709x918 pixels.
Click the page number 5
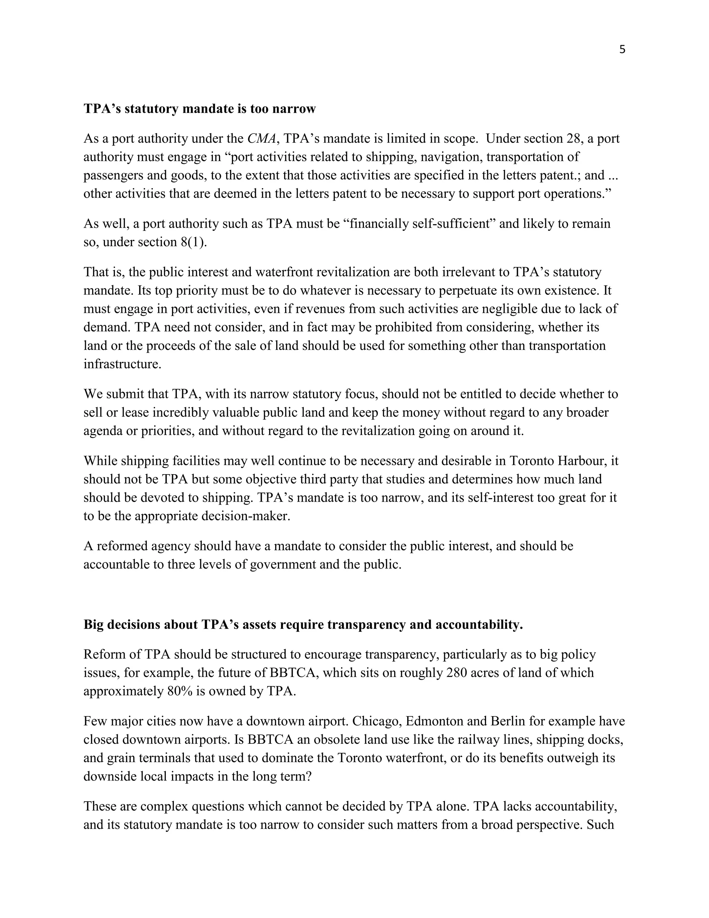(x=622, y=50)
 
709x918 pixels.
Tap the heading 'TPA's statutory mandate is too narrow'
(x=199, y=108)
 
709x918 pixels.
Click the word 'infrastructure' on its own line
(x=122, y=364)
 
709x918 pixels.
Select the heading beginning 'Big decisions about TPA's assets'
(x=303, y=624)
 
